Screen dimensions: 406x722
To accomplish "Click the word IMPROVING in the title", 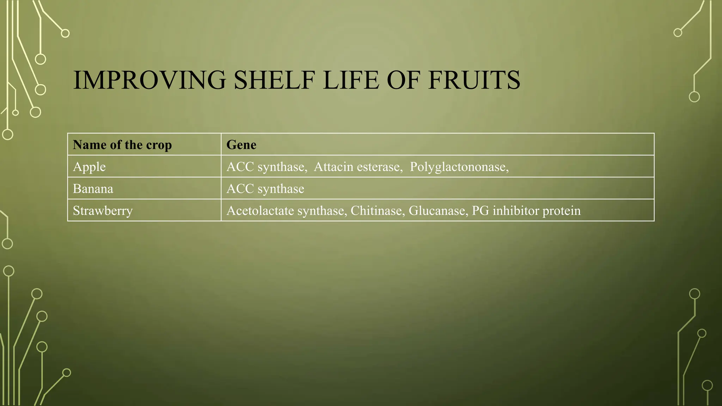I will pos(149,80).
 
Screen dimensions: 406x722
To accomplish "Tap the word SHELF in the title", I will pos(274,80).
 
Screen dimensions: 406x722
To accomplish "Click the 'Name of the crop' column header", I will pos(122,145).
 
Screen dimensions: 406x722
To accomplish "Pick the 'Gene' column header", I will pos(241,145).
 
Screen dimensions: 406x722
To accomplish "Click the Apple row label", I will pos(89,167).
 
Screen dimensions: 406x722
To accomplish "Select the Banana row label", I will pos(93,189).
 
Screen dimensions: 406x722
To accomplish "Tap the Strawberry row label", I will pos(103,211).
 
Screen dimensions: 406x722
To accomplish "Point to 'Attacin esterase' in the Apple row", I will pos(358,167).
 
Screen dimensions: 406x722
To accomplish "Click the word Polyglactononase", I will pos(458,167).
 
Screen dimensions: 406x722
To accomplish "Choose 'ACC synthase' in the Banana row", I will pos(265,189).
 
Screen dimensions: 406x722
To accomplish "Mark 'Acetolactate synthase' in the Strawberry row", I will pos(286,211).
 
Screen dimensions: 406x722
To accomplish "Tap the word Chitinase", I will pos(377,211).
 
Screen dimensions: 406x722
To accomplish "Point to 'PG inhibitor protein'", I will pos(526,211).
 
